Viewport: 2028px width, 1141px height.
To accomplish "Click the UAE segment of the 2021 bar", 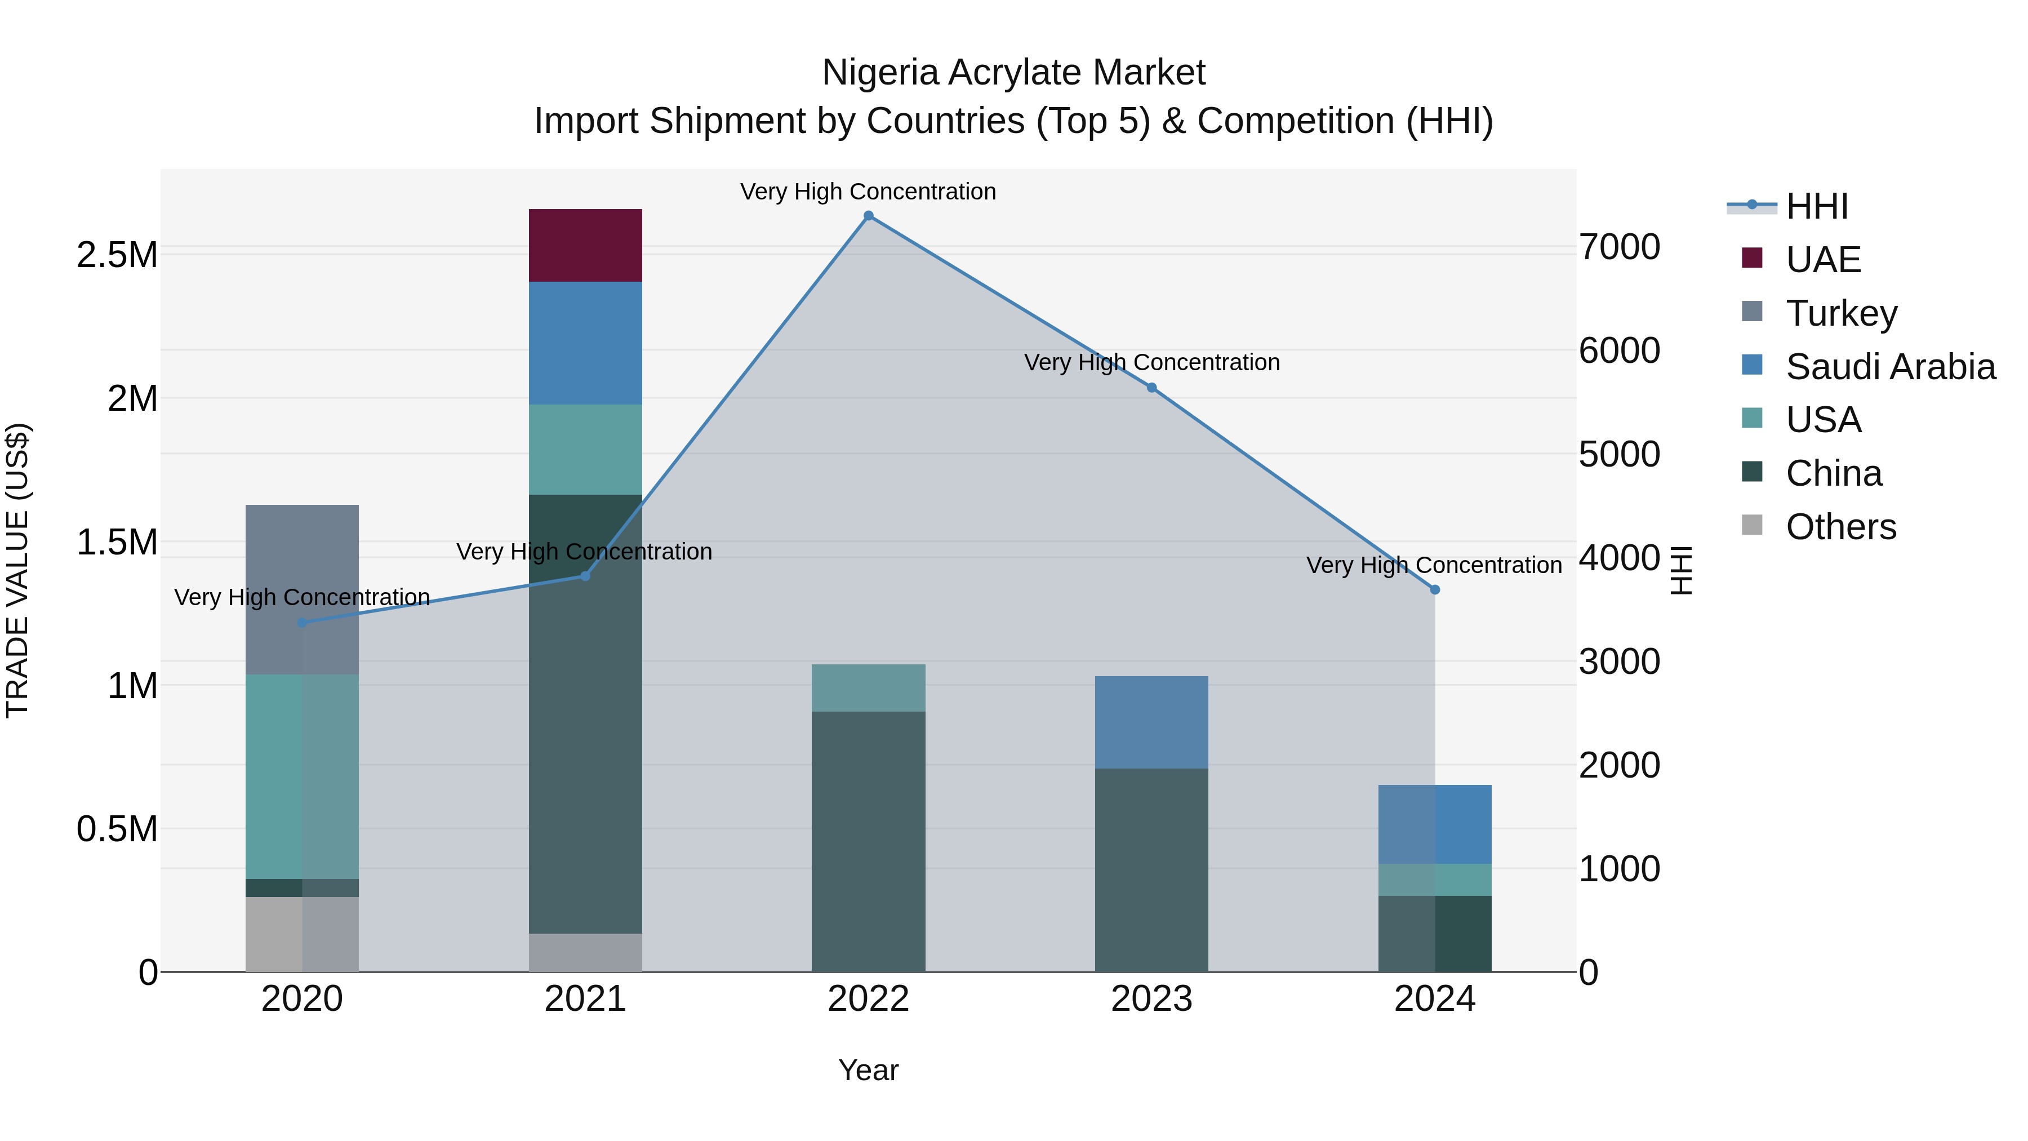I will (x=585, y=245).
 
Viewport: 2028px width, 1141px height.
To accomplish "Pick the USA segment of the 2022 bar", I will (x=868, y=687).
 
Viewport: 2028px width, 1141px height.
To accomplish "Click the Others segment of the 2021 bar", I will (x=585, y=952).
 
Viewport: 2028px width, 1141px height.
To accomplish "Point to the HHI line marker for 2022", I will (x=868, y=216).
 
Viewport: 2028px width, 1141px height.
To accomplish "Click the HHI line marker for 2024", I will (x=1434, y=590).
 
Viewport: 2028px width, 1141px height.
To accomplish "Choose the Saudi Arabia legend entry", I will (x=1889, y=367).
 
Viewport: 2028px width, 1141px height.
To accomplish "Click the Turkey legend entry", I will (x=1840, y=313).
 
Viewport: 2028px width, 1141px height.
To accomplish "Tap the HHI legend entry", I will (x=1816, y=206).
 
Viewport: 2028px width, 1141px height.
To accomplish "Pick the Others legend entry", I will (x=1840, y=527).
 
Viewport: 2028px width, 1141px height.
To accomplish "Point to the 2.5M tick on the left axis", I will (x=117, y=255).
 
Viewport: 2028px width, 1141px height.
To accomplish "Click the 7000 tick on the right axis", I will (x=1620, y=247).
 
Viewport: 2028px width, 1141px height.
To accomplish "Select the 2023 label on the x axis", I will (x=1151, y=999).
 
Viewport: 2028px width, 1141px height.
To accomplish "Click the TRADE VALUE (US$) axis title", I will (x=17, y=570).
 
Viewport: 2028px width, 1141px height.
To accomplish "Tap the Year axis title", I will (x=868, y=1070).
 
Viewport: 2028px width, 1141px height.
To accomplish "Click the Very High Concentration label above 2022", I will (x=868, y=192).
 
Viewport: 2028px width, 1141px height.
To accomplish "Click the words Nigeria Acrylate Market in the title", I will (x=1013, y=73).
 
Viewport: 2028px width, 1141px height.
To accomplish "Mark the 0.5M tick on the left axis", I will (x=117, y=829).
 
